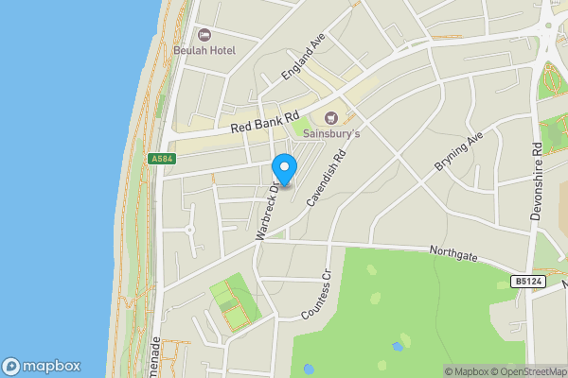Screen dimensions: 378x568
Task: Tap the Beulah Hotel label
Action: click(x=204, y=50)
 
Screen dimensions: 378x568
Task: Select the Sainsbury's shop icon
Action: click(x=330, y=118)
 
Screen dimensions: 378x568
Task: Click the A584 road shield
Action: click(x=162, y=159)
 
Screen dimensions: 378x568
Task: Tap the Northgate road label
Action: click(x=453, y=255)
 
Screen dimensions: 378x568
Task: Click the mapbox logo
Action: click(x=42, y=367)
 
